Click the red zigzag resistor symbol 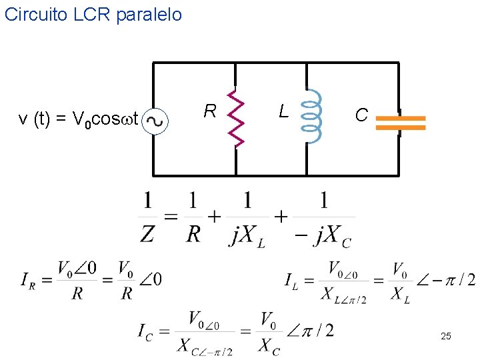[x=236, y=118]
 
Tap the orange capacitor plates [x=400, y=122]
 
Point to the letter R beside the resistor [x=210, y=111]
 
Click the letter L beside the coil [x=284, y=111]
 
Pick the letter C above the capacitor [x=361, y=116]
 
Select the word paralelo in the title [x=149, y=15]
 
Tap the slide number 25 [x=446, y=337]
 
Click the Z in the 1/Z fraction [x=147, y=234]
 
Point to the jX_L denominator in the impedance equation [x=247, y=235]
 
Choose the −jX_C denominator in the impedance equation [x=324, y=235]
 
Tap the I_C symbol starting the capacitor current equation [x=145, y=331]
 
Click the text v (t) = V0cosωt [x=79, y=120]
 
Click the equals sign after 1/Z [x=171, y=217]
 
